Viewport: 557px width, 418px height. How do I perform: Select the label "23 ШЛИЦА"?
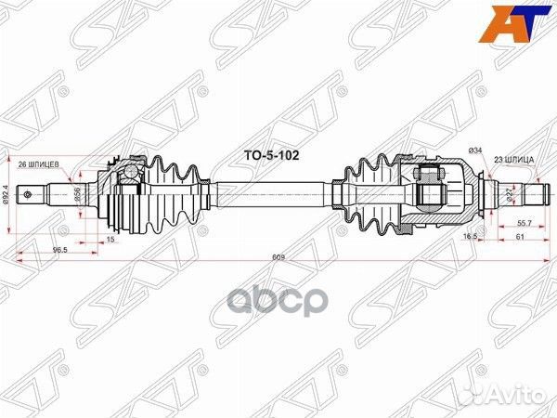point(512,160)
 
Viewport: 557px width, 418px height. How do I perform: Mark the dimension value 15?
point(111,240)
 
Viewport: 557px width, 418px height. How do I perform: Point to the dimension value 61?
point(522,239)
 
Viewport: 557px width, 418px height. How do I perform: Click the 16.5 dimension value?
point(472,238)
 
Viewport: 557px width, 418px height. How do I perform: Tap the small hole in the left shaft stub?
point(34,195)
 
